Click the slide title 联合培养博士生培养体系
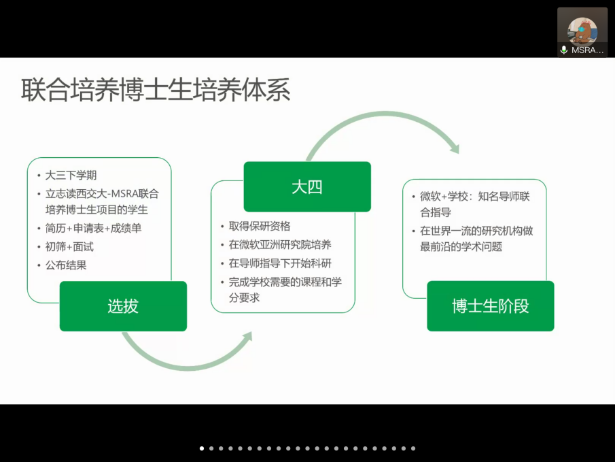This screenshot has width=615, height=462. click(x=156, y=90)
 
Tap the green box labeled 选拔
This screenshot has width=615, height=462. click(x=123, y=306)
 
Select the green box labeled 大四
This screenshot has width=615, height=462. click(x=307, y=186)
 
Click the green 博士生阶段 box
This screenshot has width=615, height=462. click(x=490, y=306)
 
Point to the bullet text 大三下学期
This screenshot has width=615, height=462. click(x=71, y=176)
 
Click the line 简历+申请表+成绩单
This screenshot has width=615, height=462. click(x=93, y=228)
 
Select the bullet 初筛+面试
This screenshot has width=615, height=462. click(x=69, y=247)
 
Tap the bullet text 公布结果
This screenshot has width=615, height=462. click(x=66, y=265)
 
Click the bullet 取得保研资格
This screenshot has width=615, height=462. click(x=260, y=226)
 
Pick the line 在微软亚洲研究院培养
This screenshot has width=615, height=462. click(x=280, y=245)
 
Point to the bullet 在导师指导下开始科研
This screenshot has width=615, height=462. click(x=280, y=263)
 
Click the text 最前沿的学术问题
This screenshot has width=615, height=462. click(x=461, y=247)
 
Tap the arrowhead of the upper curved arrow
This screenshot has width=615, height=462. click(x=455, y=148)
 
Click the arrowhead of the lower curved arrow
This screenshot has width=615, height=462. click(x=247, y=337)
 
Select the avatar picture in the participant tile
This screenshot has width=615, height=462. click(x=582, y=31)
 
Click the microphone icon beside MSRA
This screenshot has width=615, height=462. click(x=564, y=50)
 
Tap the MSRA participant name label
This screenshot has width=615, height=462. click(x=587, y=50)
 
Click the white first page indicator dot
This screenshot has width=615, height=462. click(x=202, y=448)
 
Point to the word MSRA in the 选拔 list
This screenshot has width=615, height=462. click(x=126, y=194)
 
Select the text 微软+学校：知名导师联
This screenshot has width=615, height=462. click(x=475, y=197)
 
